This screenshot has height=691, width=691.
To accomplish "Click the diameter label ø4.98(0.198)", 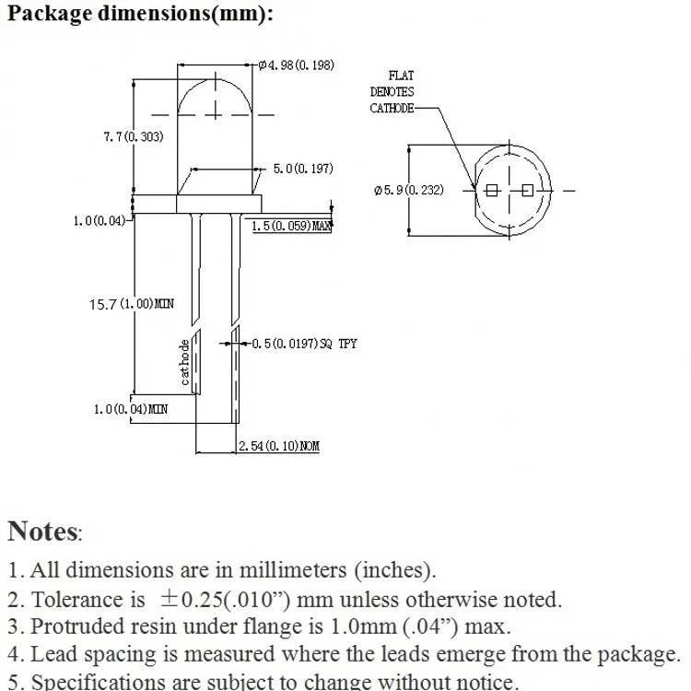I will point(296,64).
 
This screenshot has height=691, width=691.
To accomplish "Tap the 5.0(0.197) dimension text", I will point(303,169).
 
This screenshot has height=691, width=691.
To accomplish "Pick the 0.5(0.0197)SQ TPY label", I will point(304,344).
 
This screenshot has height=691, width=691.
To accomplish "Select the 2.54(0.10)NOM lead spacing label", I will point(278,446).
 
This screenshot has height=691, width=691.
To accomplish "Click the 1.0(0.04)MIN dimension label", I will point(131,408).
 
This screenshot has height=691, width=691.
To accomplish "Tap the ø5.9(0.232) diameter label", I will point(408,190).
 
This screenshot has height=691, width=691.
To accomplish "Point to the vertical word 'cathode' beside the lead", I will point(185,362).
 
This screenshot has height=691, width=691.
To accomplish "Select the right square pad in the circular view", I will point(527,190).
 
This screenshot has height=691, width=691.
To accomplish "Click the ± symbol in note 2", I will point(170,599).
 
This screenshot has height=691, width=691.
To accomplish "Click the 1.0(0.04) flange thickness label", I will point(99,221).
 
